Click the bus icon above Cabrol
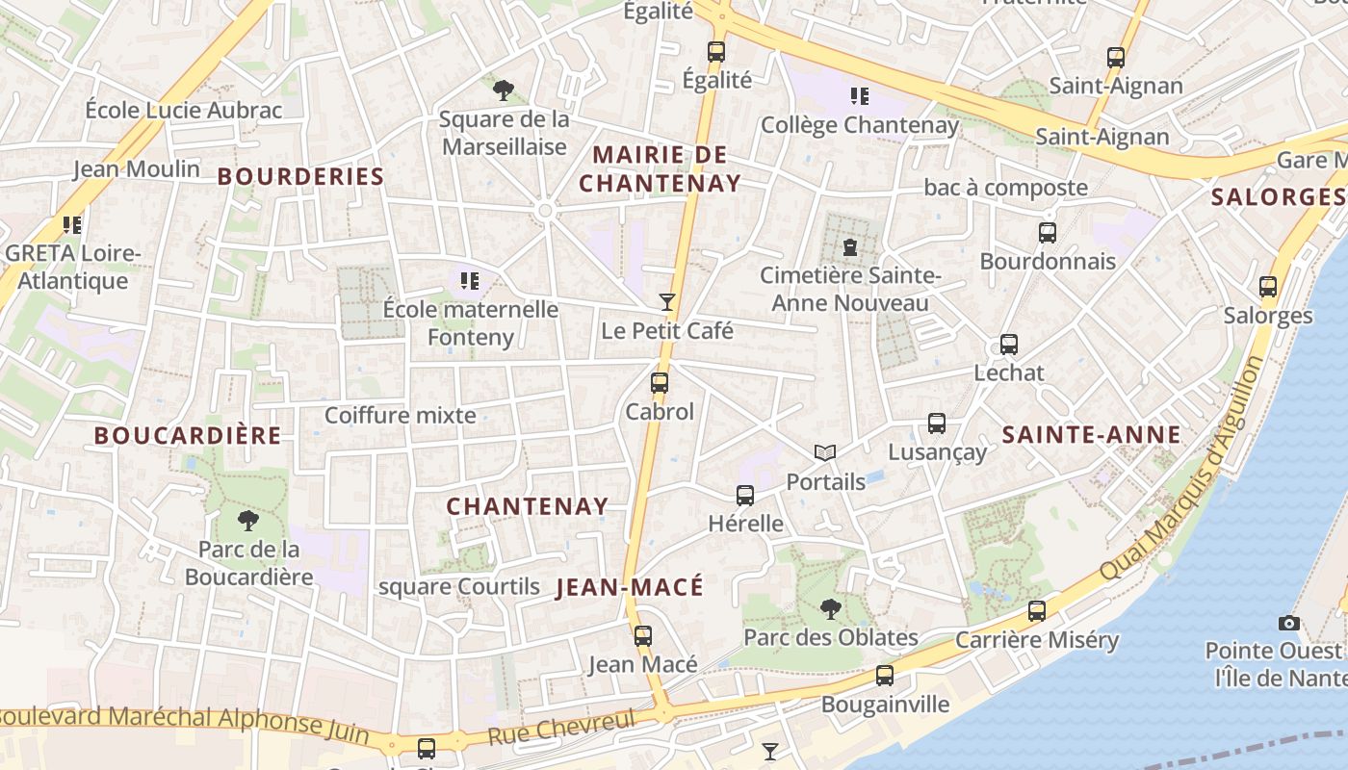tap(660, 383)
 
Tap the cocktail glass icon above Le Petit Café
tap(666, 302)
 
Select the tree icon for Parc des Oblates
tap(830, 608)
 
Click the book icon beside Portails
tap(825, 452)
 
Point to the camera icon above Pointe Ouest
tap(1289, 623)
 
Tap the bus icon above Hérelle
tap(745, 496)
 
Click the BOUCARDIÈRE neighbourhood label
tap(188, 435)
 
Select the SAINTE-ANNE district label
tap(1092, 435)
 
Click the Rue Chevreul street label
tap(562, 729)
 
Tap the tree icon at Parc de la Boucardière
tap(248, 522)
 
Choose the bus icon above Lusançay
tap(937, 423)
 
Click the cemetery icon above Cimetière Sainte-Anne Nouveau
tap(849, 247)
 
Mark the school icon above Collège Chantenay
tap(860, 96)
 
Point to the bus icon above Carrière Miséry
tap(1037, 610)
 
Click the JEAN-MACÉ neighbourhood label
tap(630, 587)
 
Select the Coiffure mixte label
tap(401, 415)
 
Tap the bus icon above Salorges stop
tap(1268, 287)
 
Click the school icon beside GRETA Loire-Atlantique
tap(72, 225)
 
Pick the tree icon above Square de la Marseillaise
tap(503, 90)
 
